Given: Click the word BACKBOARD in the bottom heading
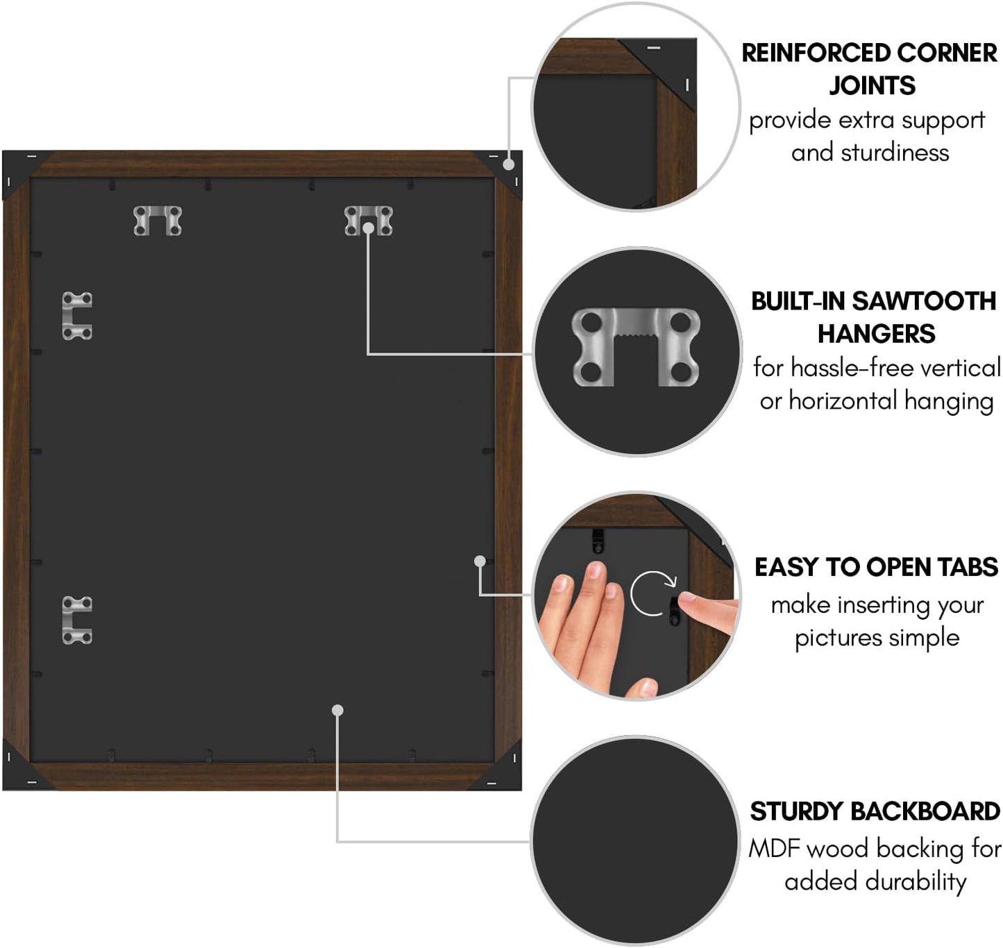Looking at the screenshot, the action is click(925, 811).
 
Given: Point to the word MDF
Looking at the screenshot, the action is click(775, 849).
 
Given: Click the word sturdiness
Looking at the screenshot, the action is click(895, 153).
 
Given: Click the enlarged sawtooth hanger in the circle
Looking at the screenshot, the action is click(636, 347).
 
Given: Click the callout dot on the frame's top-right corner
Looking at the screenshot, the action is click(508, 164).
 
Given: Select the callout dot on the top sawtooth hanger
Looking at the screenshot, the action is click(368, 228).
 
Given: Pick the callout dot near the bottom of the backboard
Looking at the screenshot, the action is click(337, 710).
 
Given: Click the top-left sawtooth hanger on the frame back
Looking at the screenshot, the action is click(158, 221).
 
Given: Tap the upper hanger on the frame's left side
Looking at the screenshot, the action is click(77, 316).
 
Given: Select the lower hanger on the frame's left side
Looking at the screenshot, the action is click(77, 620).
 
